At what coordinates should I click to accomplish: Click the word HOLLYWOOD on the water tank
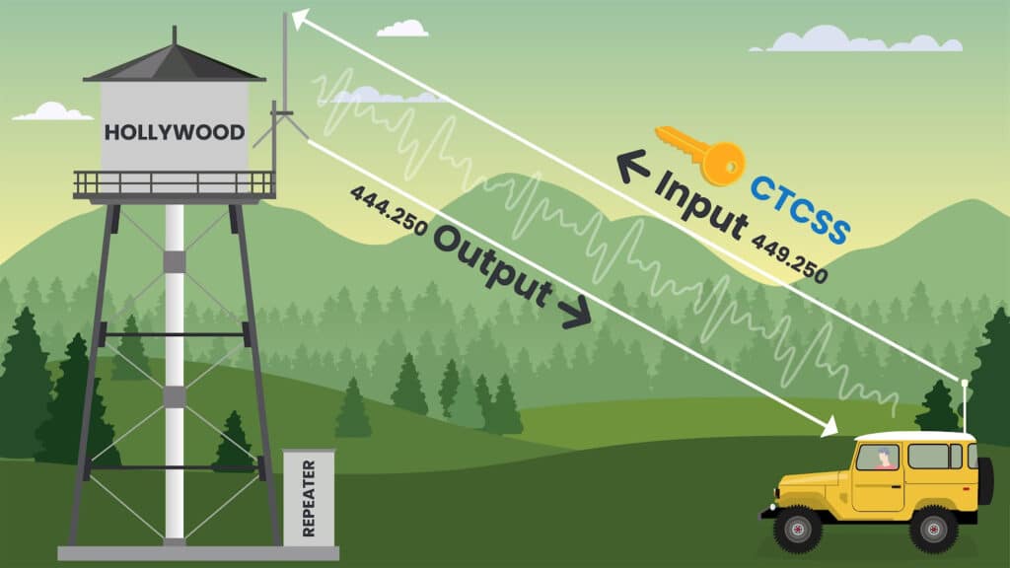pos(175,132)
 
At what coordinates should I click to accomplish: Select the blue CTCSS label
pos(800,207)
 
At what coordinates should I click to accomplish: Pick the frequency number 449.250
pos(789,259)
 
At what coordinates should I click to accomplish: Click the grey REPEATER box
pos(308,497)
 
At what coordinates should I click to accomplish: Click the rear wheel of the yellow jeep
pos(932,529)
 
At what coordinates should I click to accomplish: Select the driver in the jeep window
pos(883,458)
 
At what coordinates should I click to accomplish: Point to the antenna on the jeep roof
pos(964,404)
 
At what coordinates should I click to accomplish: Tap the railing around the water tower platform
pos(174,182)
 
